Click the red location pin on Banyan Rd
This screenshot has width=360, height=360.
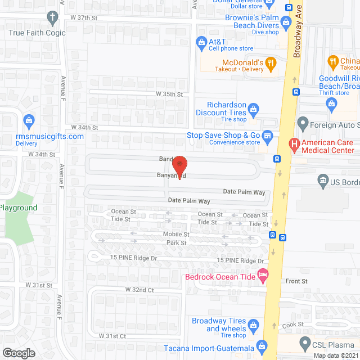pyautogui.click(x=179, y=165)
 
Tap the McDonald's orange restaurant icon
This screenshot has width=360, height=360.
pyautogui.click(x=271, y=64)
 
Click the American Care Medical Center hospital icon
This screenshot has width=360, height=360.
pyautogui.click(x=293, y=145)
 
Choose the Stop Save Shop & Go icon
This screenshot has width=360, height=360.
pyautogui.click(x=268, y=136)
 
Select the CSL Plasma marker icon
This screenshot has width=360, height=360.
pyautogui.click(x=305, y=341)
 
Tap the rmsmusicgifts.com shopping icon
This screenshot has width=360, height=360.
pyautogui.click(x=29, y=120)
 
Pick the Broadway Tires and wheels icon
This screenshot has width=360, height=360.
pyautogui.click(x=254, y=325)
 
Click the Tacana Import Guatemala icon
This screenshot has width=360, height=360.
pyautogui.click(x=260, y=345)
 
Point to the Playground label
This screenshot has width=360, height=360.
pyautogui.click(x=19, y=208)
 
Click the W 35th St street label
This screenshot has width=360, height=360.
pyautogui.click(x=170, y=94)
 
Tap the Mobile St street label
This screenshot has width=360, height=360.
pyautogui.click(x=176, y=234)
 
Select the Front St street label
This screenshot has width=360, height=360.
pyautogui.click(x=296, y=281)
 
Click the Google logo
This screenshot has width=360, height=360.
pyautogui.click(x=19, y=353)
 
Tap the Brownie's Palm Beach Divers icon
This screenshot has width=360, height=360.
pyautogui.click(x=286, y=23)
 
